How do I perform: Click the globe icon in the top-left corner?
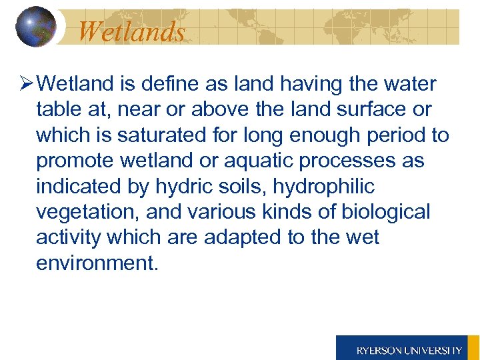pos(35,26)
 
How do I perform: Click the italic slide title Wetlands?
pos(131,31)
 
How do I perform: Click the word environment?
pos(96,263)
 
